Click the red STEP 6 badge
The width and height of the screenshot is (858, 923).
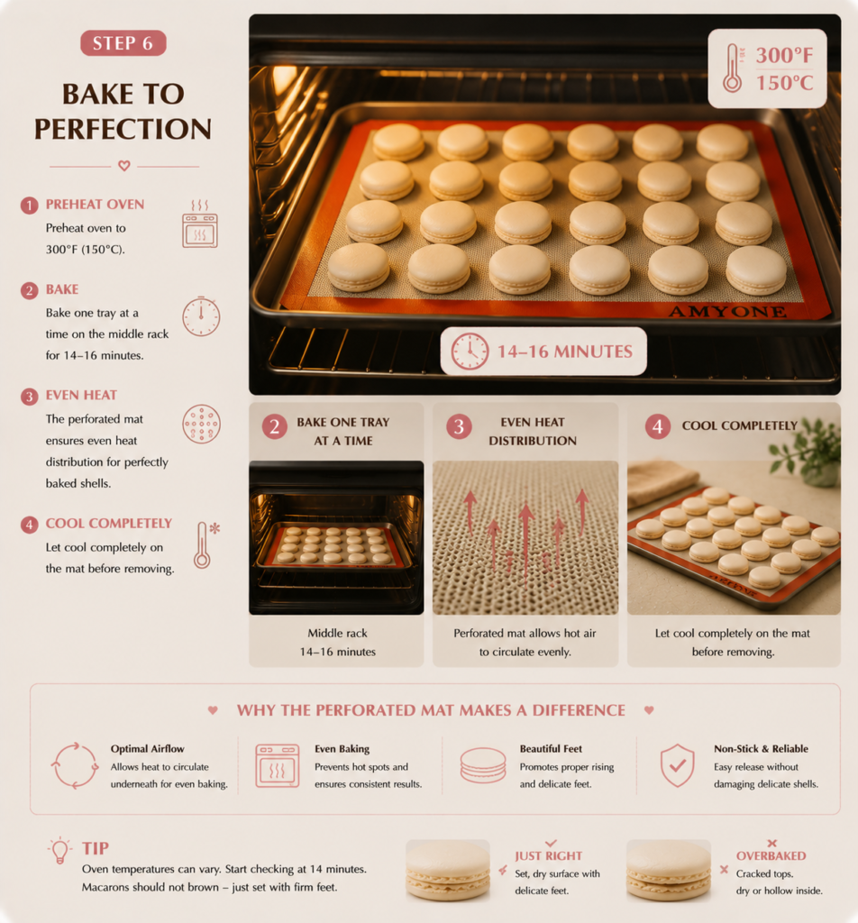pyautogui.click(x=123, y=43)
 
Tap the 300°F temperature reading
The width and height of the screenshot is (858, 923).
pyautogui.click(x=784, y=55)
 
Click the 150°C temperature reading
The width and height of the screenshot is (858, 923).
pyautogui.click(x=784, y=83)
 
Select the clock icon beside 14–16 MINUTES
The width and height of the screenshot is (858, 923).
pyautogui.click(x=470, y=352)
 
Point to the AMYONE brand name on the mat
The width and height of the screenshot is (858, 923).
pyautogui.click(x=727, y=311)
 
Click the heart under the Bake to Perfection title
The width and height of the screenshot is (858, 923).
pyautogui.click(x=124, y=166)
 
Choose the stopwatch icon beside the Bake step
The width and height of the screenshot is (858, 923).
pyautogui.click(x=201, y=316)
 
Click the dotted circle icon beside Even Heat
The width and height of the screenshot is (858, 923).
pyautogui.click(x=201, y=424)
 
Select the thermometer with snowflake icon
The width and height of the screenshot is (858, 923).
pyautogui.click(x=206, y=544)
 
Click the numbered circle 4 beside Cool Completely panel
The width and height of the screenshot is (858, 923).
pyautogui.click(x=658, y=426)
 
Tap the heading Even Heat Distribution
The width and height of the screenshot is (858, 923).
pyautogui.click(x=533, y=432)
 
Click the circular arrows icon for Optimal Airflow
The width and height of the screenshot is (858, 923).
pyautogui.click(x=75, y=765)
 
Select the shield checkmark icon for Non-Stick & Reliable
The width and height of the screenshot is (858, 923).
pyautogui.click(x=678, y=765)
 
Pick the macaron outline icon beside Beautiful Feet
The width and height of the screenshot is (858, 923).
pyautogui.click(x=482, y=765)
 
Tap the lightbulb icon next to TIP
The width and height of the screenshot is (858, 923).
pyautogui.click(x=59, y=850)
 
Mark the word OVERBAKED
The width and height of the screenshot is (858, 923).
pyautogui.click(x=771, y=856)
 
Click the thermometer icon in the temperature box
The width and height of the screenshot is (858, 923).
pyautogui.click(x=732, y=69)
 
